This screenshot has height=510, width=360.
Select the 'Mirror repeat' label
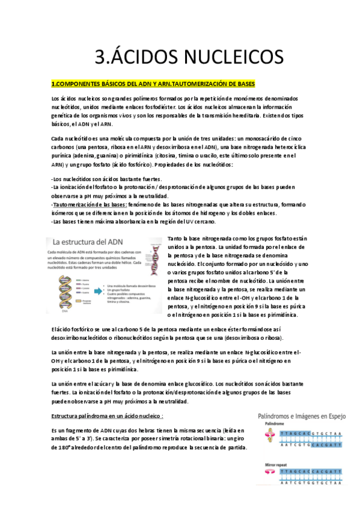pos(277,464)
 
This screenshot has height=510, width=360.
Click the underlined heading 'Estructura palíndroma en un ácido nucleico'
pos(108,416)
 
